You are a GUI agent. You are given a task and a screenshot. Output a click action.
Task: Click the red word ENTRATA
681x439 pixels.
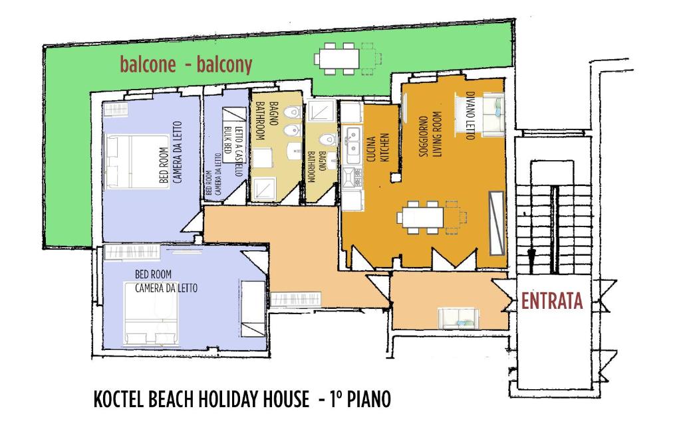coord(551,301)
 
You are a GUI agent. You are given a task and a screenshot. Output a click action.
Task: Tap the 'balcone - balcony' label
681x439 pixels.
coord(186,64)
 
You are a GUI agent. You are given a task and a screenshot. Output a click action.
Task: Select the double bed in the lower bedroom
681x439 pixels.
coord(151,313)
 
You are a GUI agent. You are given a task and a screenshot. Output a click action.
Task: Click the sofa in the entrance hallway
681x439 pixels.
coord(458,318)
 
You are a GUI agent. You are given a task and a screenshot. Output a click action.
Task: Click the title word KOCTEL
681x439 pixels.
coord(118,399)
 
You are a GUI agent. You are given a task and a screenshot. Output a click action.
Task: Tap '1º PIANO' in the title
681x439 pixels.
coord(360,399)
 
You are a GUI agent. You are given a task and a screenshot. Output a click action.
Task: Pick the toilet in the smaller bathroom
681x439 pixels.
coord(327,139)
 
